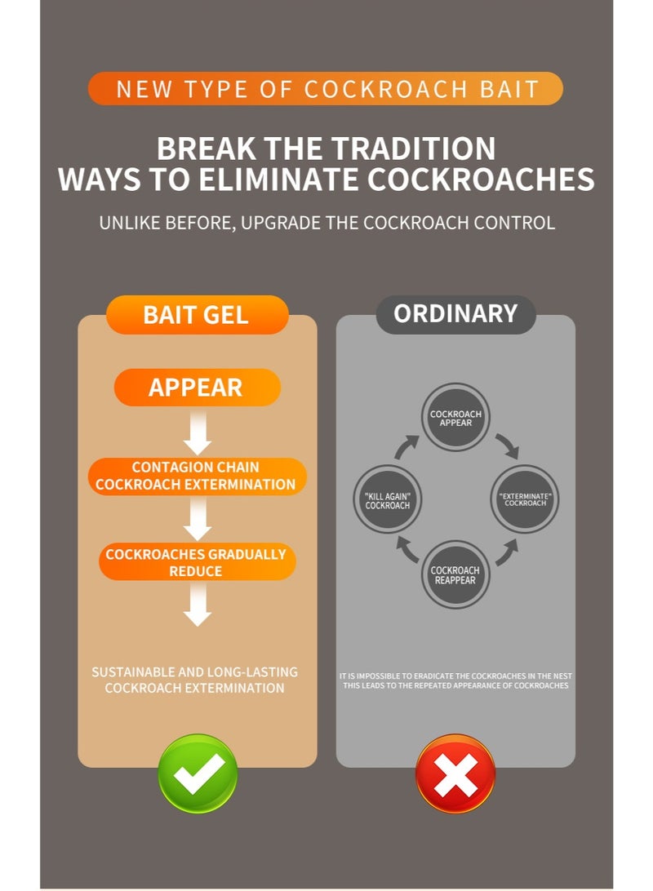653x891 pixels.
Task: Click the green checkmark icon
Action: point(198,774)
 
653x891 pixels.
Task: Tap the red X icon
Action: point(455,774)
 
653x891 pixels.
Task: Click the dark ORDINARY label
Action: point(455,314)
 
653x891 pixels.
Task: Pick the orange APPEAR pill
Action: point(198,387)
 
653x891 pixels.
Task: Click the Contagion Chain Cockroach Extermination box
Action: point(198,477)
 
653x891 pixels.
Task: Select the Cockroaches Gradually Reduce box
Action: point(198,562)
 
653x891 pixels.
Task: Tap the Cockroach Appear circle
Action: point(455,418)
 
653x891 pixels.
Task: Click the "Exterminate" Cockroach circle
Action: point(525,499)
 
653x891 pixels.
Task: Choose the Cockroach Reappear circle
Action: point(455,574)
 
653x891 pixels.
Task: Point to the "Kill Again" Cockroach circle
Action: point(388,499)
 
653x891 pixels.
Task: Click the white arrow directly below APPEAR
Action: point(198,433)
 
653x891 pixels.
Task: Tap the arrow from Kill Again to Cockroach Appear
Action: point(406,446)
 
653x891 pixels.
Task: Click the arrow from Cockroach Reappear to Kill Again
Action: point(407,549)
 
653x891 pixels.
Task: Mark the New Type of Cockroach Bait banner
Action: point(326,89)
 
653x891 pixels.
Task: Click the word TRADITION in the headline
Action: point(414,148)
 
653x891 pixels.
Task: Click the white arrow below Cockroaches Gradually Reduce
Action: point(198,605)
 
